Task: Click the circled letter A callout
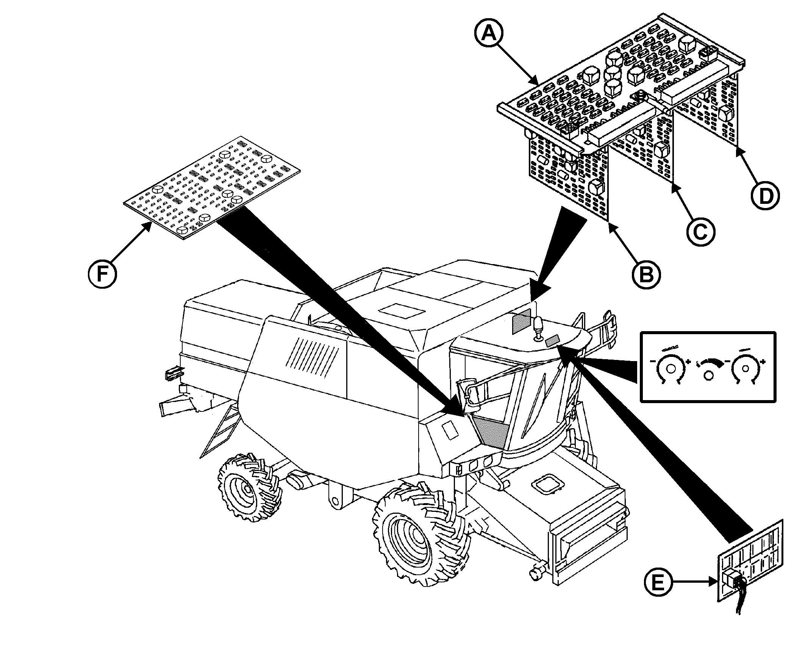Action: coord(489,33)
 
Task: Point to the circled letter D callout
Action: coord(765,196)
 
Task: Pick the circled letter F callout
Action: coord(102,274)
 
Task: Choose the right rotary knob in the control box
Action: coord(745,368)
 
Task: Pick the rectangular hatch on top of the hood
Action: coord(403,311)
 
